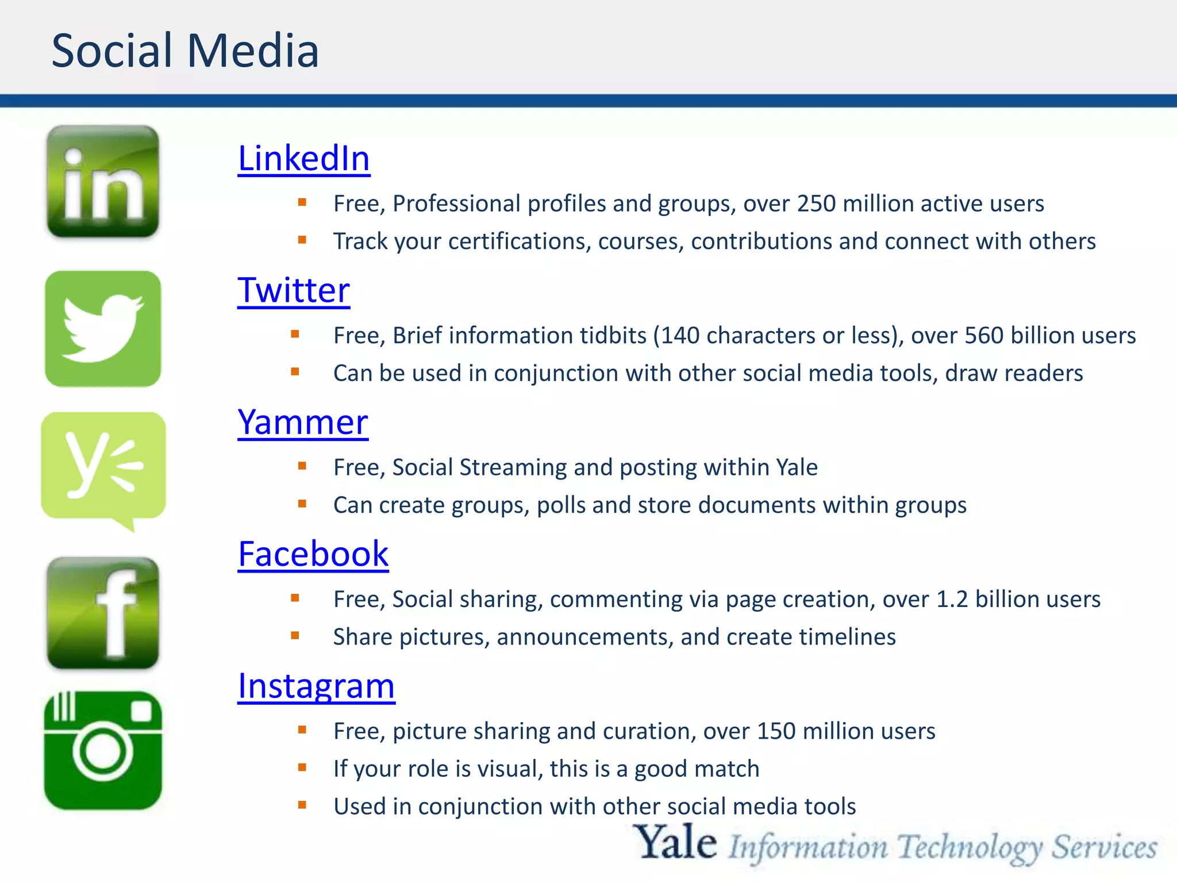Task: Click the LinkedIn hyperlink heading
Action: (x=303, y=159)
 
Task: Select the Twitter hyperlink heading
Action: (x=294, y=290)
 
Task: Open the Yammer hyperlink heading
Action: (x=303, y=423)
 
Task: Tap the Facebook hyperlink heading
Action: (x=313, y=554)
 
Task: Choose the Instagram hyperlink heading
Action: (x=316, y=686)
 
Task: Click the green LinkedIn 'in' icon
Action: (x=103, y=182)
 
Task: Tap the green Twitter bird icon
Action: (x=103, y=329)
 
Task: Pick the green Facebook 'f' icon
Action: (x=103, y=613)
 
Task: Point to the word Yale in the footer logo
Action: (x=676, y=844)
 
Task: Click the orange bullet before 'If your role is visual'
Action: (x=302, y=767)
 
